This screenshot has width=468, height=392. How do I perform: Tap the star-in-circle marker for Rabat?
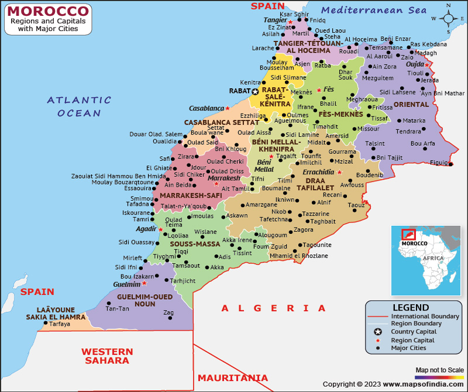(255, 91)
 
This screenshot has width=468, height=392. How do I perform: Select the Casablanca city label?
(206, 108)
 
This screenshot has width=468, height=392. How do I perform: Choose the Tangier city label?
(275, 20)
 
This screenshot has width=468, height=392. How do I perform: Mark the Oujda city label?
(415, 64)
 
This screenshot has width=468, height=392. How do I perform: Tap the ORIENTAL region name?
(411, 104)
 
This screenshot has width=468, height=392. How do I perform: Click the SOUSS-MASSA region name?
(195, 243)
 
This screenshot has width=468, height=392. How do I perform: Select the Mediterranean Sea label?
(374, 10)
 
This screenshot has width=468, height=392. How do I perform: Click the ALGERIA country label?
(273, 308)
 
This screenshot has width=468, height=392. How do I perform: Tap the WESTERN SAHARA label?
(107, 356)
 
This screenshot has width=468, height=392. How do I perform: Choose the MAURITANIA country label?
(233, 378)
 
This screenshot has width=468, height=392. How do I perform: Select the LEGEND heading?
(410, 307)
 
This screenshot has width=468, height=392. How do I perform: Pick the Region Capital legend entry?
(413, 340)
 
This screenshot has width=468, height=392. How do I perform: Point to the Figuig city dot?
(450, 164)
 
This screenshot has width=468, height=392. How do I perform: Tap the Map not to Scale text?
(439, 370)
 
